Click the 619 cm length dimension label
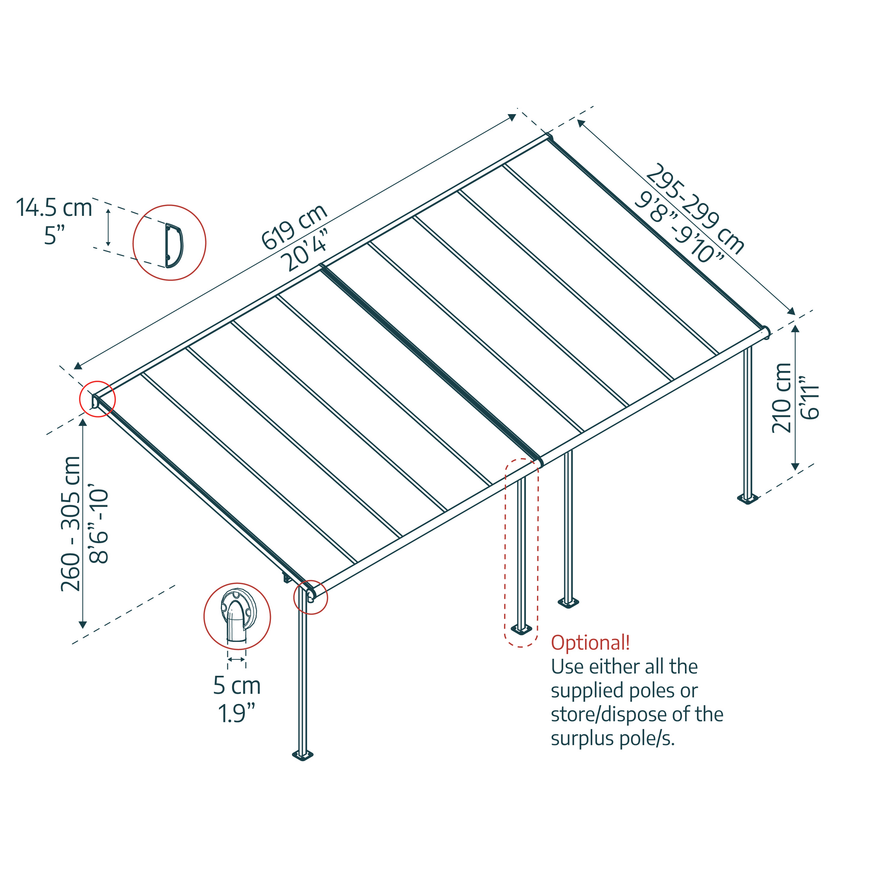point(294,226)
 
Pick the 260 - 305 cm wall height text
point(70,523)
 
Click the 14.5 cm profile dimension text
point(54,208)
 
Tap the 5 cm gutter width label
point(237,685)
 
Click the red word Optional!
point(590,643)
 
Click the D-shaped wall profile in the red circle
point(174,245)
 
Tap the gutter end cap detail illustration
point(237,617)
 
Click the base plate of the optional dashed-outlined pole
point(521,630)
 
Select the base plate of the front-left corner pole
point(303,756)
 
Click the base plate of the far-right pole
point(748,498)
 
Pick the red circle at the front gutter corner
point(311,597)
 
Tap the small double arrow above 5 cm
point(236,659)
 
